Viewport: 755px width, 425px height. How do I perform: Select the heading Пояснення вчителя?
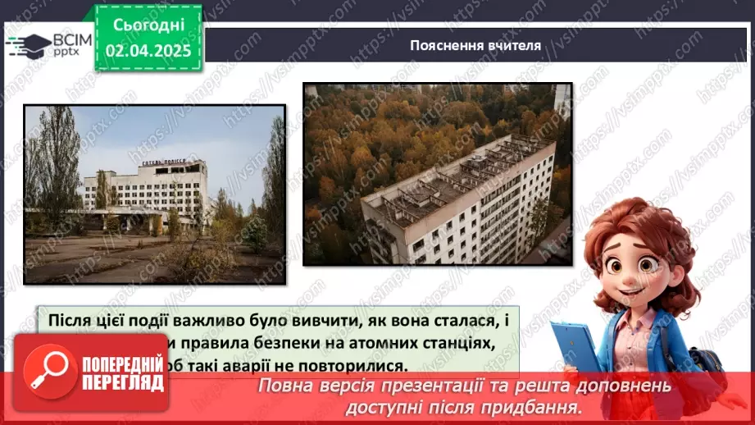pyautogui.click(x=475, y=45)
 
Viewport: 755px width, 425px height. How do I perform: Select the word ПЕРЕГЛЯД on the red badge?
pyautogui.click(x=121, y=383)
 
